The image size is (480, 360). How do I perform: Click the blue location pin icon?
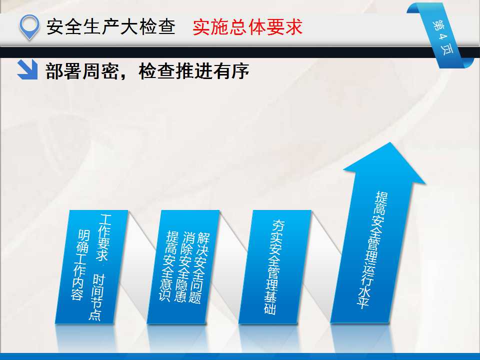tap(29, 26)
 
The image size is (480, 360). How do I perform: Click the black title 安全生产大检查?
tap(111, 26)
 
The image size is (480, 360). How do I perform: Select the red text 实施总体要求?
tap(247, 27)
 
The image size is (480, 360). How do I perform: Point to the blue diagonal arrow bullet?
tap(27, 69)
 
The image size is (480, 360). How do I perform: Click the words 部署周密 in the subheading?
tap(82, 71)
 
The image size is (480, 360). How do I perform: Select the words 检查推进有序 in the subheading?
tap(194, 71)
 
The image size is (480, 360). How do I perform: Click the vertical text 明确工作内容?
tap(79, 265)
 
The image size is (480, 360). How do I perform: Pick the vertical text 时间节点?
tap(97, 297)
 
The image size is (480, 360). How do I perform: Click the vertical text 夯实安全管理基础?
tap(274, 267)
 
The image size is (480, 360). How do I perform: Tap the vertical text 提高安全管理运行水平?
tap(372, 250)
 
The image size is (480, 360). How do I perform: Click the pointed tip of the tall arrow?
tap(390, 142)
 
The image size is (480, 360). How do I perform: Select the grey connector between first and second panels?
tap(138, 266)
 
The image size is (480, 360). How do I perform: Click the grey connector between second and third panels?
tap(229, 266)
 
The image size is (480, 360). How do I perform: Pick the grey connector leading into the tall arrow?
tap(321, 266)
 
